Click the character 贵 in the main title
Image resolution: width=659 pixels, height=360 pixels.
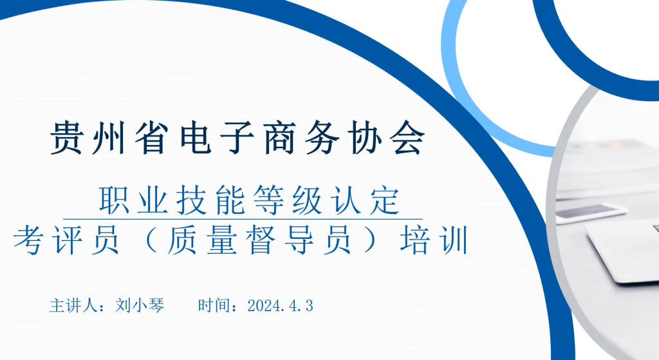click(x=66, y=138)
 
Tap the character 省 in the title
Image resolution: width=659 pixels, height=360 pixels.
click(x=152, y=138)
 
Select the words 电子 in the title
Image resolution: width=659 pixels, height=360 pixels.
click(x=218, y=138)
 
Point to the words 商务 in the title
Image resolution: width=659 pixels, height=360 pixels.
click(x=302, y=138)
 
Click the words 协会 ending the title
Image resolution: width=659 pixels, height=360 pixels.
click(x=387, y=138)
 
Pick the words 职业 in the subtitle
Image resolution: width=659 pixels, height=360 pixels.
click(x=134, y=200)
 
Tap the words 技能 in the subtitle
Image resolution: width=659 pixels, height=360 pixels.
click(x=210, y=200)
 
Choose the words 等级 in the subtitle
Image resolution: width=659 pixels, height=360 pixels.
click(x=288, y=200)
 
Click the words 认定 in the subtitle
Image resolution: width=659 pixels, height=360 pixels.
click(x=365, y=200)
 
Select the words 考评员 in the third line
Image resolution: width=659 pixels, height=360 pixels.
click(x=66, y=240)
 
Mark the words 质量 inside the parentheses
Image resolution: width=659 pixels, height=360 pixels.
click(x=201, y=240)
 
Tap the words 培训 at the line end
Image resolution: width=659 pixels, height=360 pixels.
click(x=434, y=240)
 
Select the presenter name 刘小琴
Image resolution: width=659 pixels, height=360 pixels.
click(x=140, y=305)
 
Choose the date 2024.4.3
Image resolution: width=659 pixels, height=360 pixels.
click(x=281, y=306)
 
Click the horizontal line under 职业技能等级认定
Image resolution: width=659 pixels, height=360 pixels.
click(x=243, y=219)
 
